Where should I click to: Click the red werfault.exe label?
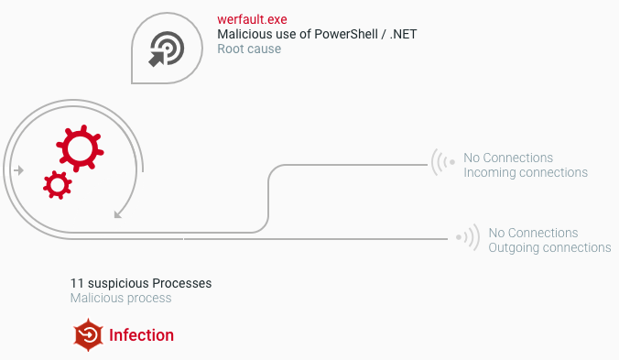pos(247,19)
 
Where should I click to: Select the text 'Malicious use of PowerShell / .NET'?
pos(317,34)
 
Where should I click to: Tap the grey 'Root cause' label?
pos(249,49)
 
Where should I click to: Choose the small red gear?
pos(58,184)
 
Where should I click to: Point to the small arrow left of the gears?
pos(18,170)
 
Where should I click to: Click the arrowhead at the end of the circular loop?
pos(118,215)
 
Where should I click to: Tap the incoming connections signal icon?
pos(443,165)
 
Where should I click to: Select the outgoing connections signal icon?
pos(469,239)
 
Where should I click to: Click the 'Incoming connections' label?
pos(526,172)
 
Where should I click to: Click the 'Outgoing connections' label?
pos(549,247)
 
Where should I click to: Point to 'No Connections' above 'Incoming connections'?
pos(508,158)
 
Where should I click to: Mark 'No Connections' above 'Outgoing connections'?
pos(533,233)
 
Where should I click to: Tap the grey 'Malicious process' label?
pos(121,298)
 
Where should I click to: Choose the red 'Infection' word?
pos(141,335)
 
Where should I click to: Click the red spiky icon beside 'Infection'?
pos(88,335)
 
